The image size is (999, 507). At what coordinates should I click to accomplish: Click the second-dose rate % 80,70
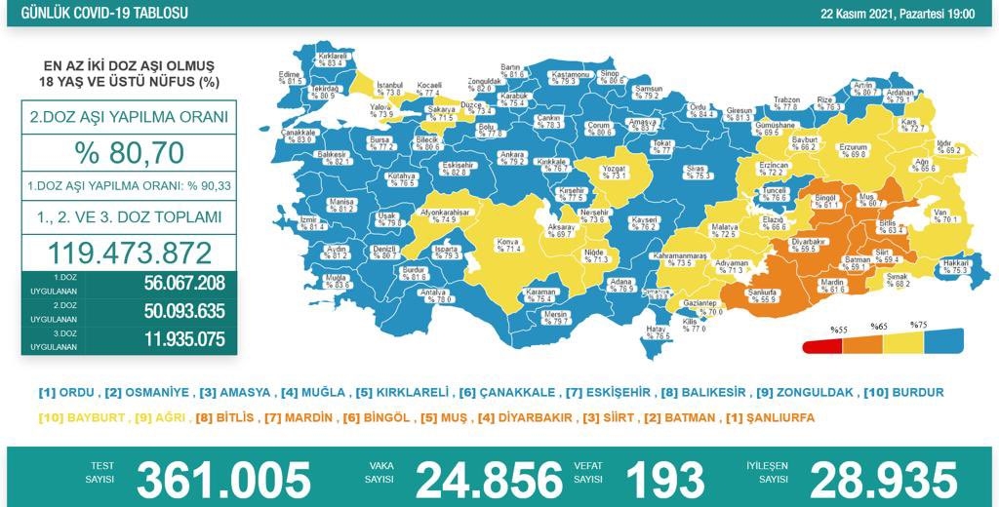tap(129, 153)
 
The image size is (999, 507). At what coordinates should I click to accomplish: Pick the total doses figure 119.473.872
tap(129, 253)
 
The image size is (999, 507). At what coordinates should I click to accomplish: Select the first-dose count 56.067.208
tap(170, 283)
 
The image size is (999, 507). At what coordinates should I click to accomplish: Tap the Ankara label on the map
tap(512, 156)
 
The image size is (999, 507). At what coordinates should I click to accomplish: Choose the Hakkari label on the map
tap(953, 265)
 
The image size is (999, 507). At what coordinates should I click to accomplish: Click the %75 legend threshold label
tap(918, 325)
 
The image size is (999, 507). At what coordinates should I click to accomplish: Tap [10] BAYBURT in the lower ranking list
tap(77, 417)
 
